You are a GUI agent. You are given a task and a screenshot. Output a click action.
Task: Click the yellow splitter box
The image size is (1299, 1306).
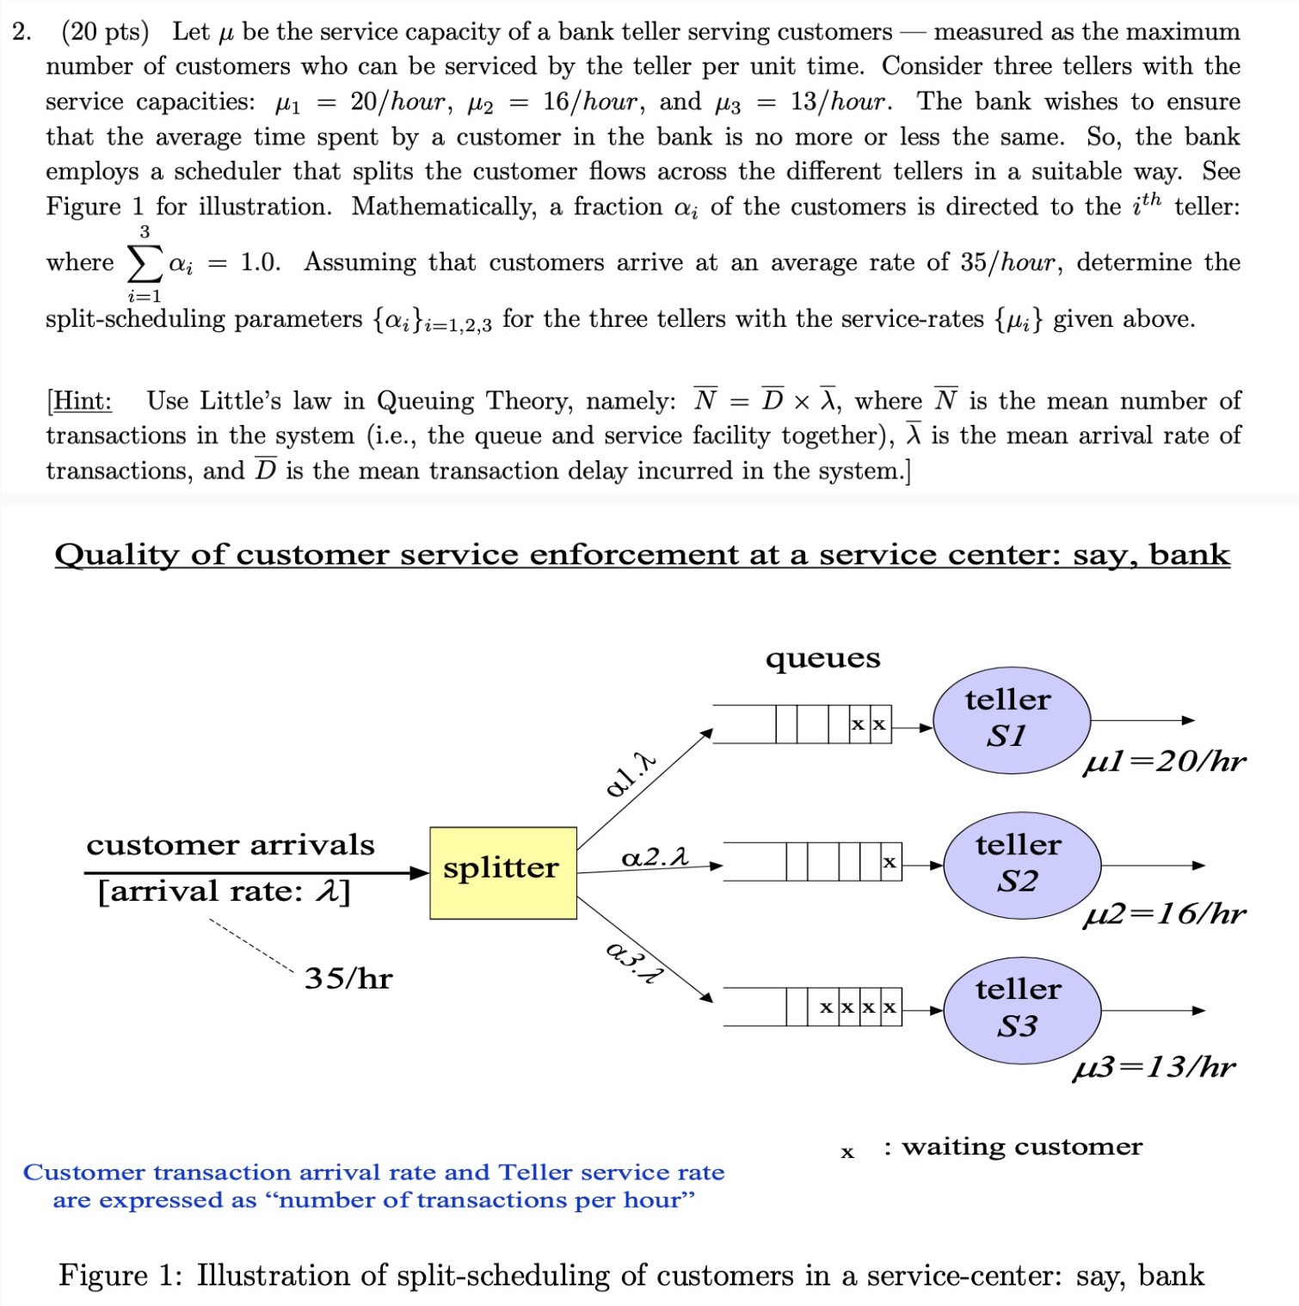pos(503,872)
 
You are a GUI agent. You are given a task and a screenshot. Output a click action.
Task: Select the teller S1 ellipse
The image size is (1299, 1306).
pos(1011,719)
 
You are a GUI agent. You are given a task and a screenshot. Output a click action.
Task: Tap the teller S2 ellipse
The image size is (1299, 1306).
pos(1021,865)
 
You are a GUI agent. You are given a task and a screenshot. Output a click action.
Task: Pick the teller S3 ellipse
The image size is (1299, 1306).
pos(1021,1009)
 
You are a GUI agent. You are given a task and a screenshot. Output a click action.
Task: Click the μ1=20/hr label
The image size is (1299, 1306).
pos(1164,761)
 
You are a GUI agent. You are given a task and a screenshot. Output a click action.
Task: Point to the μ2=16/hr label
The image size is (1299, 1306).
pos(1164,913)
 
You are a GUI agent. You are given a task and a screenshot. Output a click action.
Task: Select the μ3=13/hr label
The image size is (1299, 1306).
pos(1154,1067)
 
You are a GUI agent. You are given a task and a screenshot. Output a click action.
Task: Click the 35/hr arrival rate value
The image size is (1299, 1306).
pos(348,978)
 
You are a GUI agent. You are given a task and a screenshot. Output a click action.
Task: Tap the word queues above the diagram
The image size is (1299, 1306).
pos(822,658)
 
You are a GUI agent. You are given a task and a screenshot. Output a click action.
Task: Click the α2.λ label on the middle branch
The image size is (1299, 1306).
pos(656,857)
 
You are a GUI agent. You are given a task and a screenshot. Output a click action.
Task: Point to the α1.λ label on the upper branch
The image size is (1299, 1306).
pos(631,773)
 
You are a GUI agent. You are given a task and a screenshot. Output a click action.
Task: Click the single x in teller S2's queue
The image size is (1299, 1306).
pos(890,861)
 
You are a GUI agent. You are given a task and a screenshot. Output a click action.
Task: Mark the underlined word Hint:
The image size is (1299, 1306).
pos(81,401)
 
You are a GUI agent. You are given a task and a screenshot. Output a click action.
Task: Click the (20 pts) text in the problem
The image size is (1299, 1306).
pos(105,32)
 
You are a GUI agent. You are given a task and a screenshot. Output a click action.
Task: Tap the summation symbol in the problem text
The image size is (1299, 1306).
pos(145,263)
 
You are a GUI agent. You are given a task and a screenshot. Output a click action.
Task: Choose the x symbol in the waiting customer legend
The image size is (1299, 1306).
pos(847,1151)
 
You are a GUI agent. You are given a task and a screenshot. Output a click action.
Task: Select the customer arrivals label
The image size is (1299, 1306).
pos(230,845)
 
